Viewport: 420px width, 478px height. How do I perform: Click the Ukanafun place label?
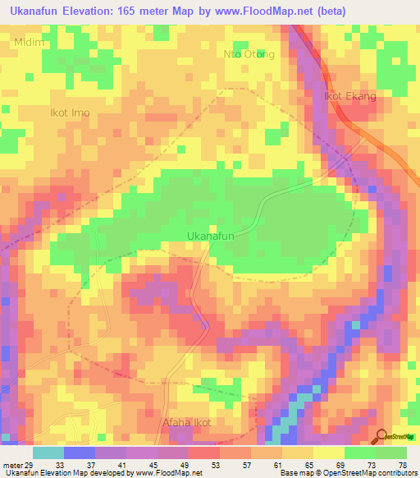click(x=212, y=236)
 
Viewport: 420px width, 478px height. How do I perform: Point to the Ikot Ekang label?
click(x=350, y=96)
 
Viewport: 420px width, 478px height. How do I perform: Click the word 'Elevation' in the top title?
click(x=94, y=10)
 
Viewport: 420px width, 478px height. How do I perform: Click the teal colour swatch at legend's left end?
click(x=48, y=453)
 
